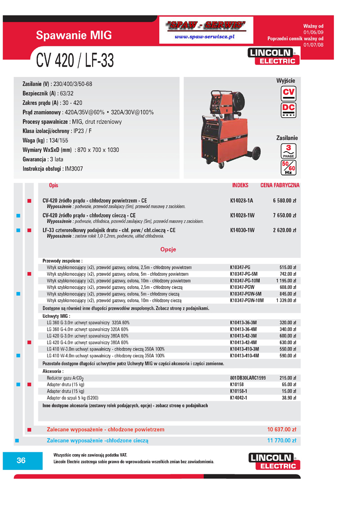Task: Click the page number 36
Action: tap(21, 460)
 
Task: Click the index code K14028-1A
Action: tap(242, 201)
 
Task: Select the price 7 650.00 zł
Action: tap(284, 216)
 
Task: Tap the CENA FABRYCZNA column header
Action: tap(280, 185)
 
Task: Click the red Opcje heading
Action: tap(168, 249)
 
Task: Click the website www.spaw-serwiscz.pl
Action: tap(205, 36)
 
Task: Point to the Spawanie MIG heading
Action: tap(74, 36)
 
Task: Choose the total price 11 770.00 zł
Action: tap(282, 441)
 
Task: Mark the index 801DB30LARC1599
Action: tap(247, 378)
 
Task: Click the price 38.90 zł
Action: tap(287, 398)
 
